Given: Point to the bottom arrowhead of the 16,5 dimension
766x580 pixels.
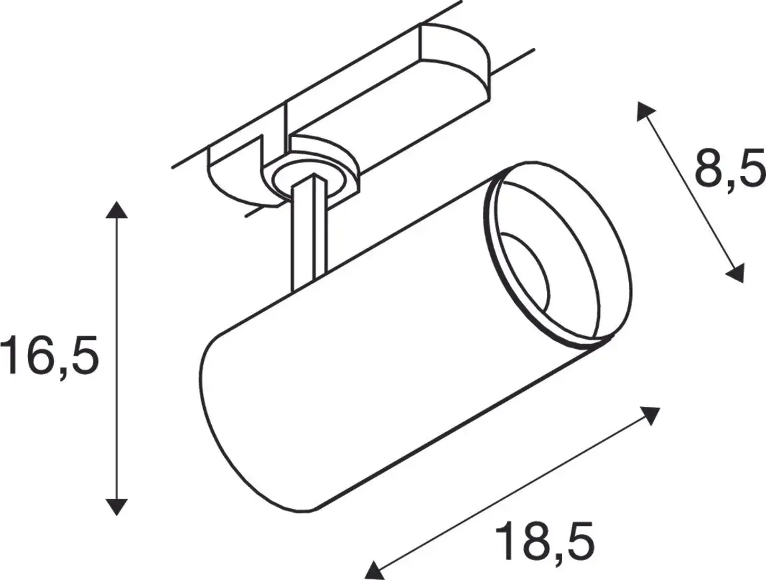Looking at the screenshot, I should [x=117, y=506].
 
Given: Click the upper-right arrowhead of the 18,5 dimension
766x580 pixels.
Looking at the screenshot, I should [x=649, y=415].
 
